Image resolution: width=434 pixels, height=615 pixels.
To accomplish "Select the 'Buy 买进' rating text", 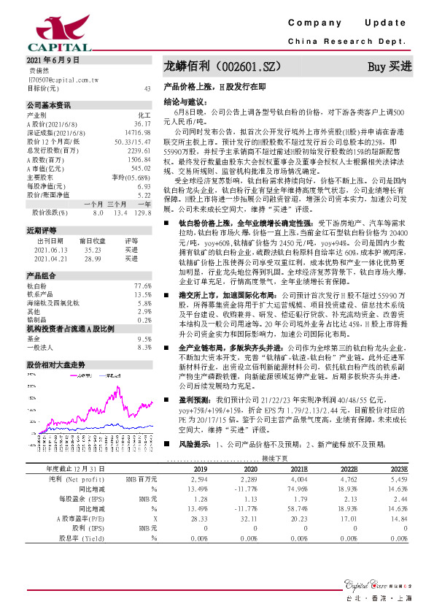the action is [390, 66].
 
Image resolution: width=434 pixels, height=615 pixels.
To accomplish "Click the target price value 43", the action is [147, 88].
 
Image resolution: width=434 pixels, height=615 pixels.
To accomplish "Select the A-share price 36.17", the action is [142, 124].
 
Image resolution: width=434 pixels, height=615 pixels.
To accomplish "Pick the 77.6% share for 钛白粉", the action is [143, 286].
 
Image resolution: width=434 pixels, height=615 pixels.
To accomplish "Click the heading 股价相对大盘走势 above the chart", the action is [56, 364].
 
